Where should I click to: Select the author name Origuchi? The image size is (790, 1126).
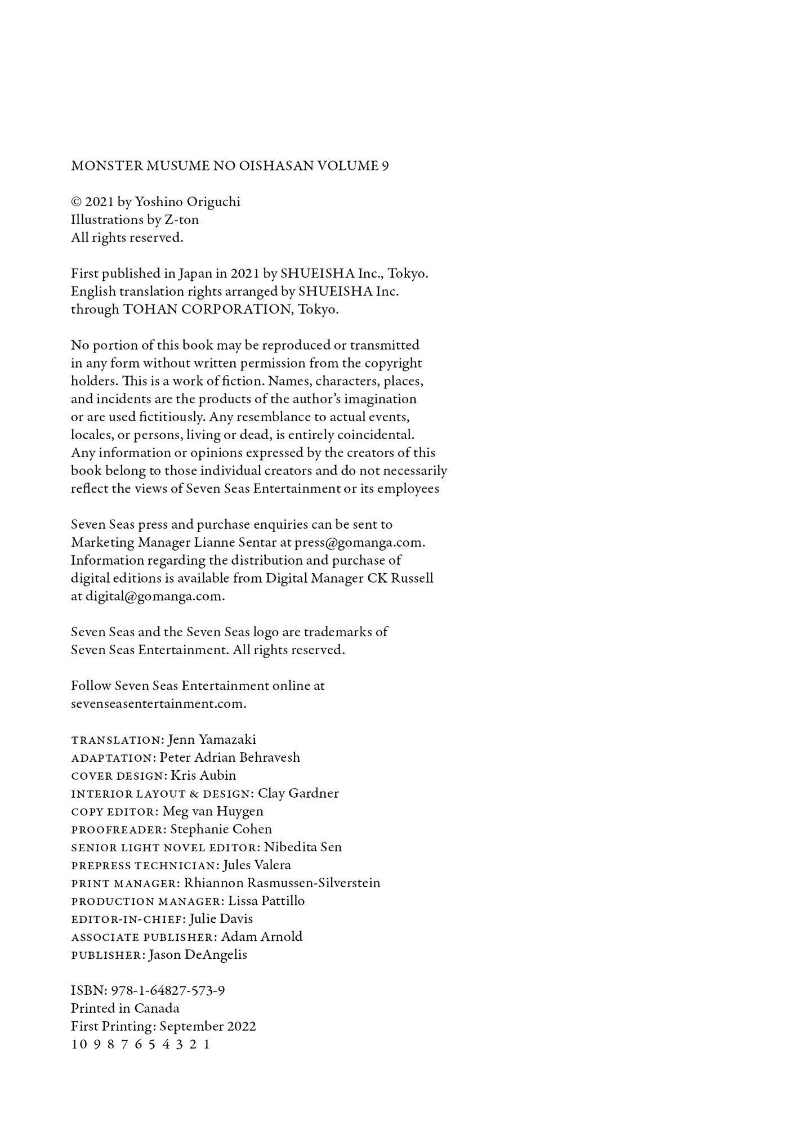(212, 202)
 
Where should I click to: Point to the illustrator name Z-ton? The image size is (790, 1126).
(182, 220)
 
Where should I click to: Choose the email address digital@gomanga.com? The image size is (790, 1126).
(155, 597)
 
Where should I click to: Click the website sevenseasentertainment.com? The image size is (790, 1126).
(158, 704)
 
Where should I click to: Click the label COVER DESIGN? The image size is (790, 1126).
(117, 776)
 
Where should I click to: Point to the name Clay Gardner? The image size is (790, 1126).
(298, 794)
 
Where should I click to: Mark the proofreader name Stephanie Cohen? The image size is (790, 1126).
(221, 830)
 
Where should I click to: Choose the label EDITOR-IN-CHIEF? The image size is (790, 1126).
(127, 919)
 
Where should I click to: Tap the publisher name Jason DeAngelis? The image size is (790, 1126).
(198, 955)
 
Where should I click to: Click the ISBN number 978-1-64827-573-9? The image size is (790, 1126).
(168, 991)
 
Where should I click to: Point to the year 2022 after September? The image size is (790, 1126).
(241, 1027)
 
